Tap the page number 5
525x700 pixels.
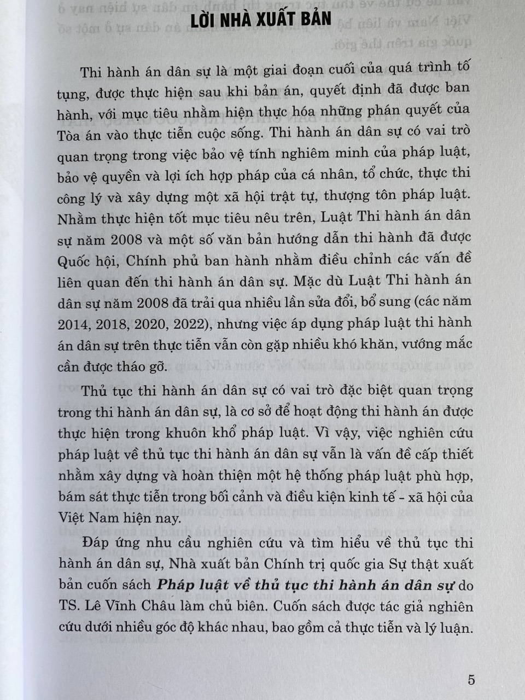[471, 680]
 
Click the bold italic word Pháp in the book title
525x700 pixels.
[174, 585]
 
